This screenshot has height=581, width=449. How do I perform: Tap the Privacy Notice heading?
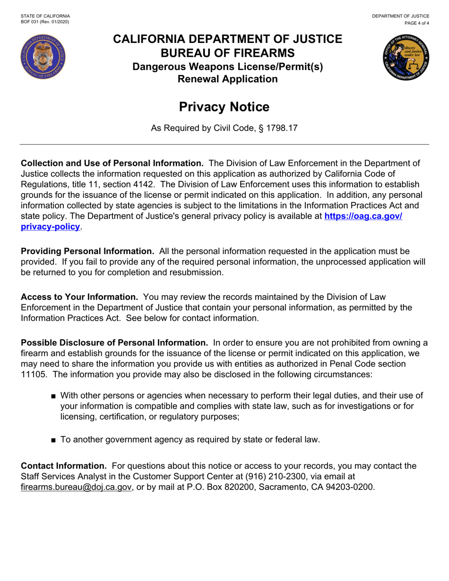coord(224,107)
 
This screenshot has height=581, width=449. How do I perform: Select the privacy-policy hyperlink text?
coord(50,227)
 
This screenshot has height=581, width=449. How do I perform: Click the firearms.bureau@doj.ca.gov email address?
coord(76,487)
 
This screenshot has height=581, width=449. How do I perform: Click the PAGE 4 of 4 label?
coord(416,23)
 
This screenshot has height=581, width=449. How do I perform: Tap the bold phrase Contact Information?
coord(64,466)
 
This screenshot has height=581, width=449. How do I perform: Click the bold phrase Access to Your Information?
coord(79,297)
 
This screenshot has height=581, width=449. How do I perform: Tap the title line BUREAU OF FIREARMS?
coord(227,53)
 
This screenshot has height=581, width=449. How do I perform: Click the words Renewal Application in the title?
coord(227,79)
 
